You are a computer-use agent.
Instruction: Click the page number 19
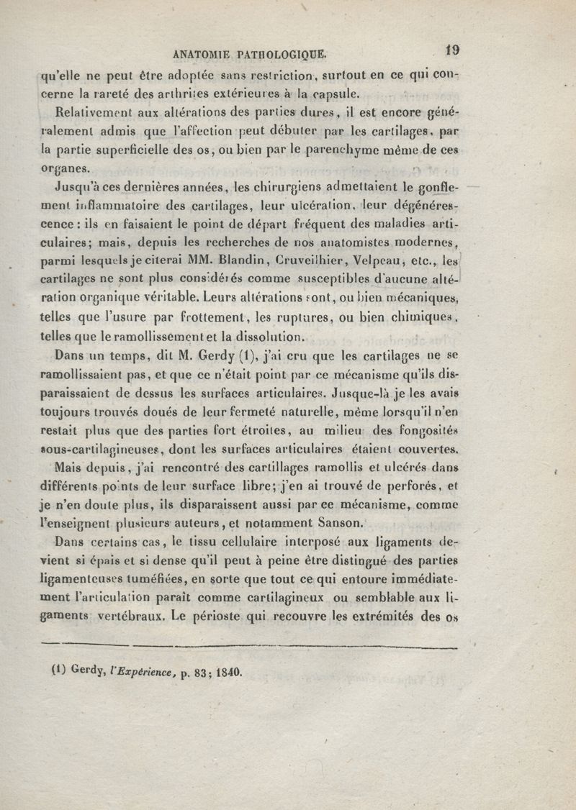453,50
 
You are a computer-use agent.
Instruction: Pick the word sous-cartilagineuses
100,450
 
